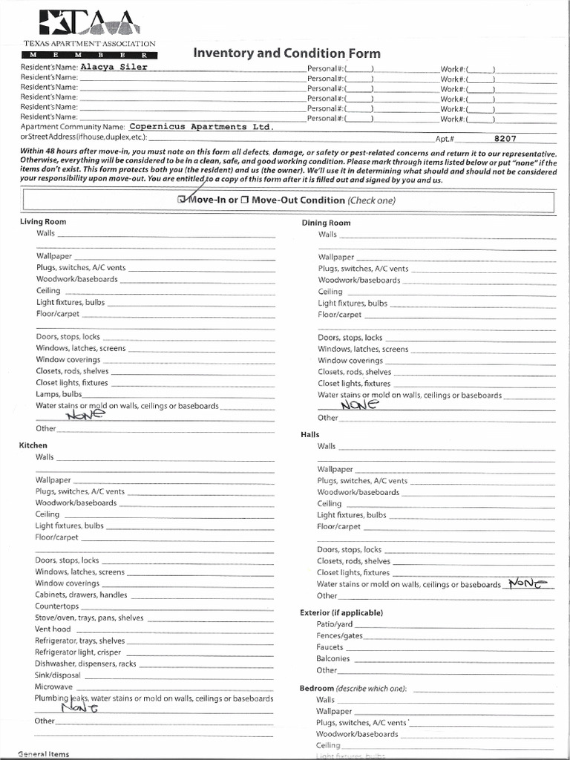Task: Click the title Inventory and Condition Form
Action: click(286, 53)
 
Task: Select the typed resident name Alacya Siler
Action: click(114, 67)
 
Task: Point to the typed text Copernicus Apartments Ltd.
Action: click(196, 127)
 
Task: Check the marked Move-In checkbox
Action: click(183, 200)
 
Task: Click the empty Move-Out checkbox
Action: click(244, 200)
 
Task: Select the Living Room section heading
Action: click(42, 222)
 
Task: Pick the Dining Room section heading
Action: click(326, 223)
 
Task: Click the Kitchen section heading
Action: click(33, 445)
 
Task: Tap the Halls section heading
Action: click(309, 434)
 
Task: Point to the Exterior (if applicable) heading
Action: click(341, 613)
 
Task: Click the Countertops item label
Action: click(56, 606)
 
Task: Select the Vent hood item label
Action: click(53, 629)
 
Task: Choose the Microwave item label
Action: click(53, 687)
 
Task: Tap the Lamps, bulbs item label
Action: click(59, 394)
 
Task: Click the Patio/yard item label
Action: click(334, 624)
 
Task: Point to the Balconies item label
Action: click(332, 658)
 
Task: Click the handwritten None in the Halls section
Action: click(528, 584)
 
